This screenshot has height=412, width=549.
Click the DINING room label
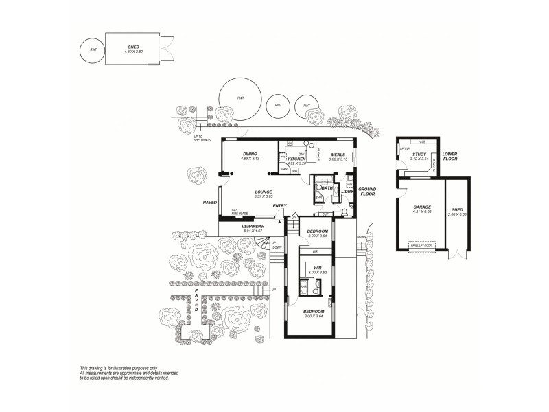(x=249, y=154)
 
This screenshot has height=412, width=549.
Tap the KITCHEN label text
(x=296, y=159)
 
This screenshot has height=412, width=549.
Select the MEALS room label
(x=337, y=154)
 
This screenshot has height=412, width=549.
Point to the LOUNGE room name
(x=264, y=192)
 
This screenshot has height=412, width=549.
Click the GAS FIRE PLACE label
(x=239, y=212)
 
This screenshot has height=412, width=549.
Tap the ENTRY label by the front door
(x=279, y=206)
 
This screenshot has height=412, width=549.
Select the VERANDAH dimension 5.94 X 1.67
(x=253, y=231)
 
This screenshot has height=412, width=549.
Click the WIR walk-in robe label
(x=318, y=268)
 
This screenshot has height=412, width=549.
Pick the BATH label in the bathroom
(x=328, y=187)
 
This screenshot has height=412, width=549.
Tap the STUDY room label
(x=419, y=154)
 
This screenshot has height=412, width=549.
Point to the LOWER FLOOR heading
(x=450, y=157)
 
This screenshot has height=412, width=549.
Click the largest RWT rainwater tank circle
(x=240, y=98)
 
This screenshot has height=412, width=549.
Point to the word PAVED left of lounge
(x=210, y=203)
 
